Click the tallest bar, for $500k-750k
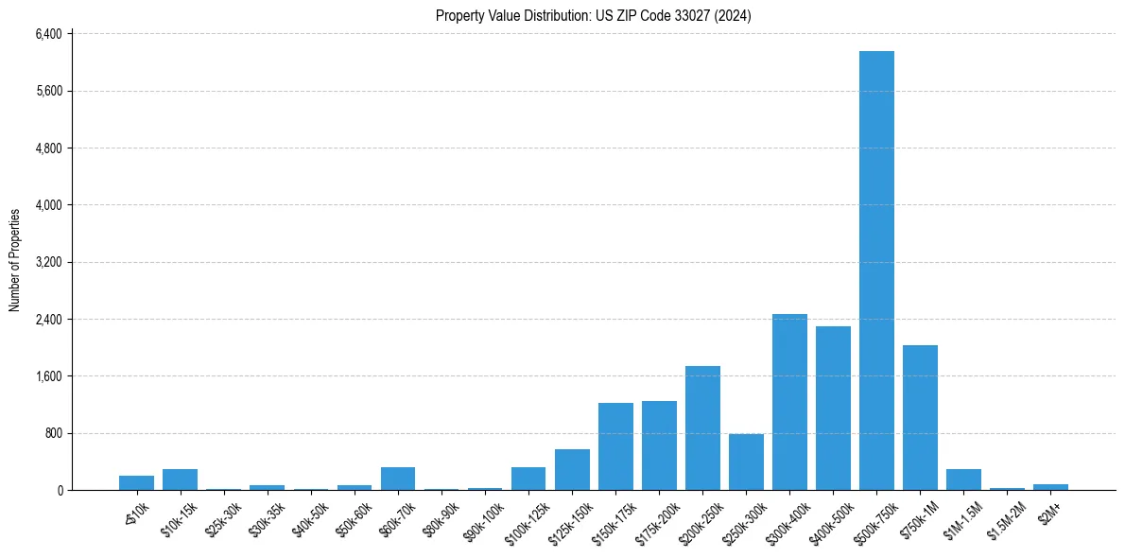tap(876, 270)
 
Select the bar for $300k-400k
tap(789, 402)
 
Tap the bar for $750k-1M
tap(920, 418)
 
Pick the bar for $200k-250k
tap(702, 428)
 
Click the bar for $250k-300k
tap(746, 462)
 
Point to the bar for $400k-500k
tap(833, 409)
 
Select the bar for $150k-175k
tap(615, 446)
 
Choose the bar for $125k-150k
tap(572, 470)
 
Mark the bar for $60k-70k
tap(398, 479)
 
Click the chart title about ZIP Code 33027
tap(593, 16)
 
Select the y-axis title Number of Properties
tap(15, 260)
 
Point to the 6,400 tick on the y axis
tap(47, 34)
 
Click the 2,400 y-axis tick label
tap(47, 320)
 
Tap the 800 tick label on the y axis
tap(53, 433)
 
